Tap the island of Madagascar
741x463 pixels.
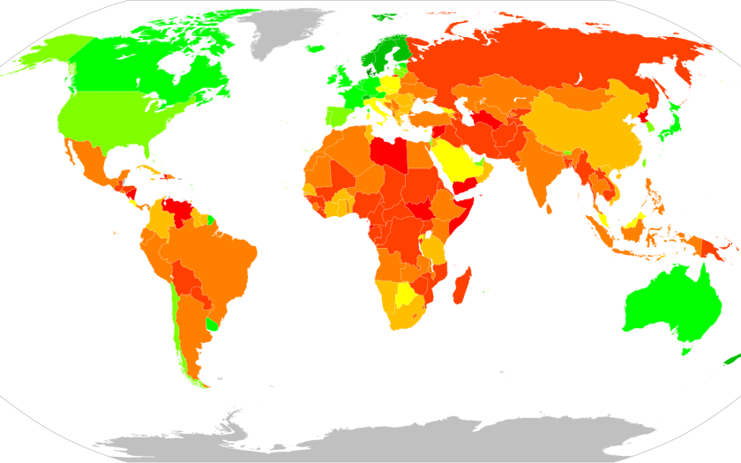(460, 286)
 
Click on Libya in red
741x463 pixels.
(389, 153)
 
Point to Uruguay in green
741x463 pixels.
(210, 324)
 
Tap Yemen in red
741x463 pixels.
(465, 185)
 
